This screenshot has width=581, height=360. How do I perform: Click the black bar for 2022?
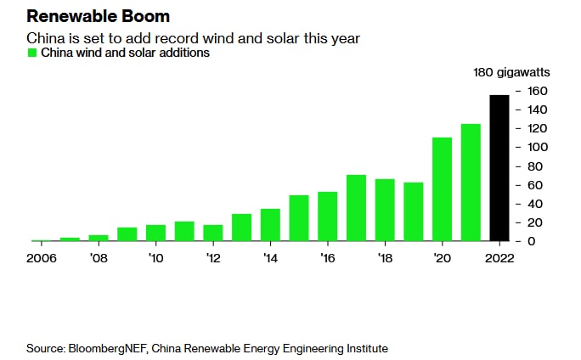pyautogui.click(x=499, y=168)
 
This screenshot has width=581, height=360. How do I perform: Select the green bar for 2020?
pyautogui.click(x=442, y=189)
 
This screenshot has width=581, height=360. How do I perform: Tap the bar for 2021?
pyautogui.click(x=471, y=183)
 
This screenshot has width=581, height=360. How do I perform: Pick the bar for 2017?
pyautogui.click(x=356, y=208)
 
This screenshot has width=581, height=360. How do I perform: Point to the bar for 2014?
pyautogui.click(x=270, y=225)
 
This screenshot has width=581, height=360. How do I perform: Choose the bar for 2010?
pyautogui.click(x=155, y=233)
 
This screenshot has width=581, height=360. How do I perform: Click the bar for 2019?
pyautogui.click(x=414, y=211)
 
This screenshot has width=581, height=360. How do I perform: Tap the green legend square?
pyautogui.click(x=32, y=53)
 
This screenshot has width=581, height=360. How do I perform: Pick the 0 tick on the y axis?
pyautogui.click(x=531, y=241)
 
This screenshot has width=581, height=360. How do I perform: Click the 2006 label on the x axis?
pyautogui.click(x=42, y=257)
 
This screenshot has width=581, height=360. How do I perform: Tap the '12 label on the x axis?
pyautogui.click(x=212, y=257)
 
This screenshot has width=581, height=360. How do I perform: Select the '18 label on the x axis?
pyautogui.click(x=385, y=257)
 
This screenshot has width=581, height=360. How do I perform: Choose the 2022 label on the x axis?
pyautogui.click(x=499, y=257)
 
